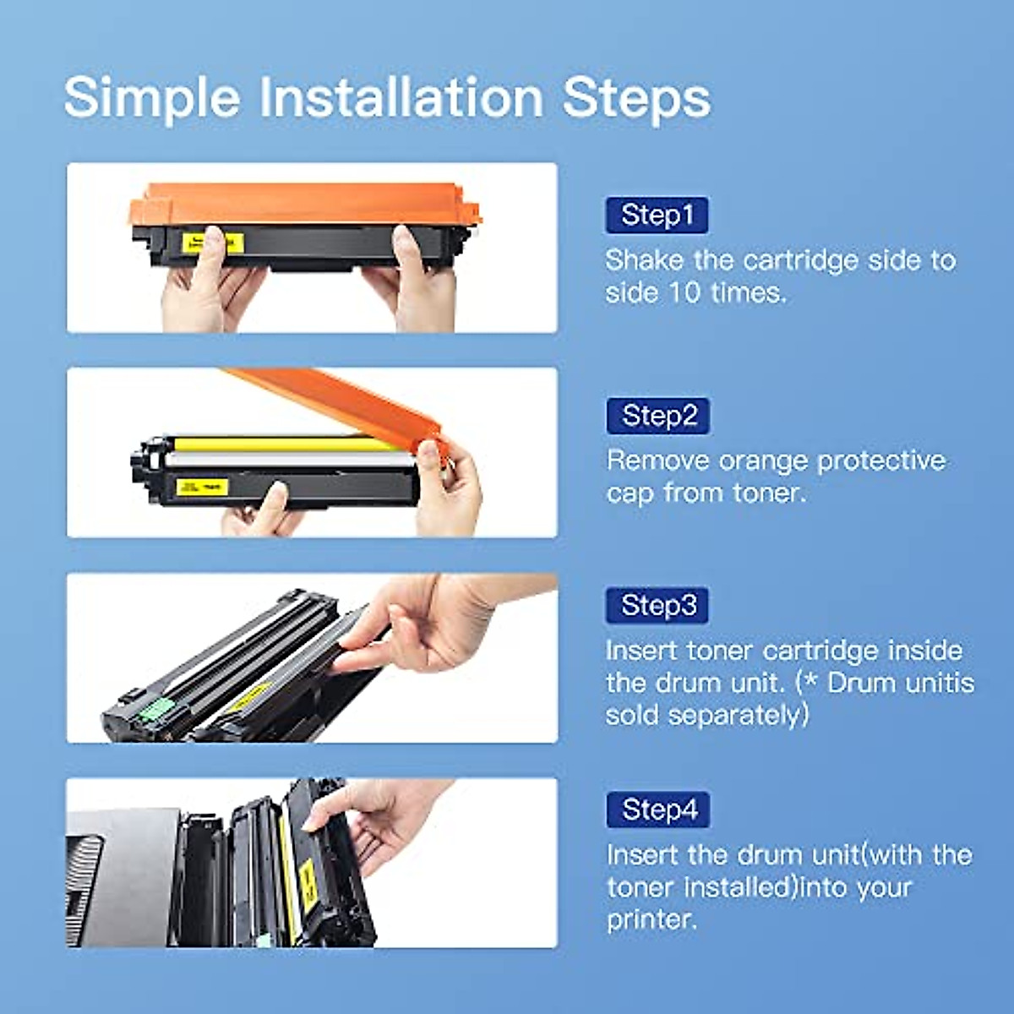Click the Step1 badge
tap(657, 215)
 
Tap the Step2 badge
tap(658, 416)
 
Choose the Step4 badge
tap(658, 810)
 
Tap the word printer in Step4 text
tap(649, 919)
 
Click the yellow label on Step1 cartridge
tap(213, 243)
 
